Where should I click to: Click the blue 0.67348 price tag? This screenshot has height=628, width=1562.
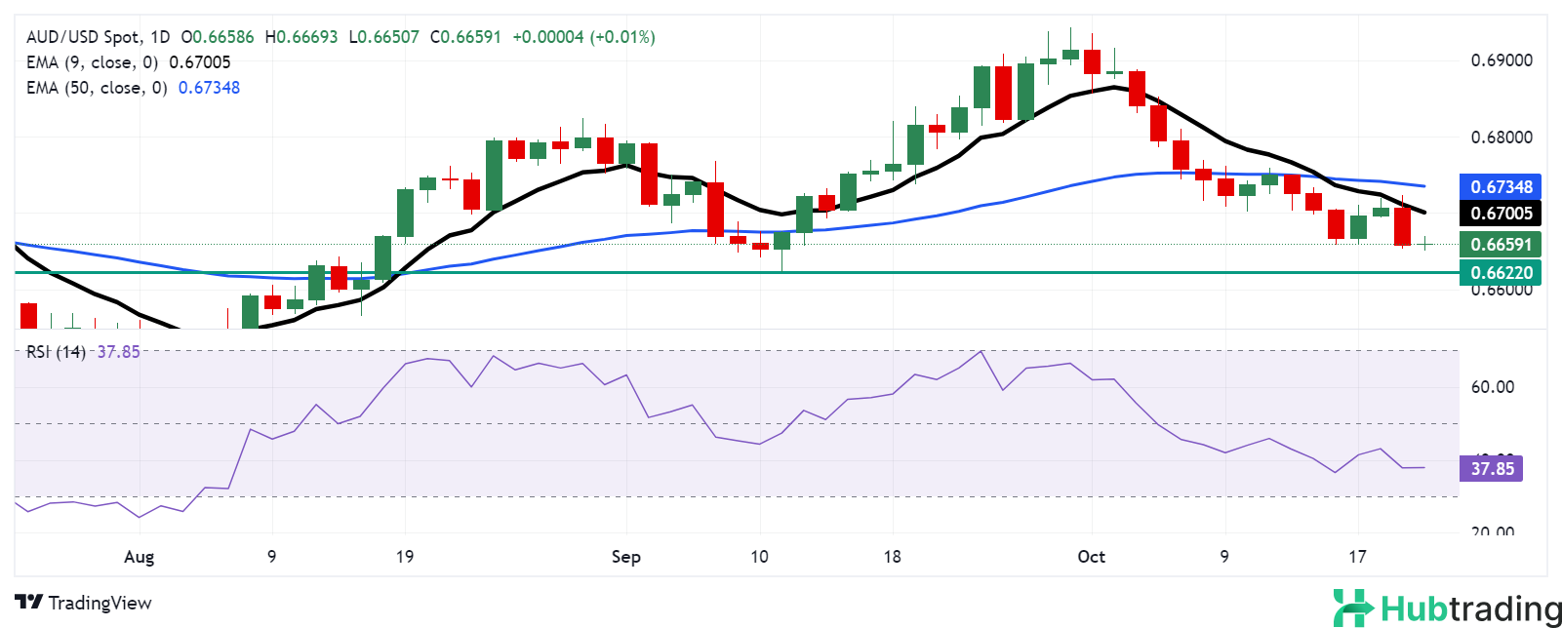[1501, 186]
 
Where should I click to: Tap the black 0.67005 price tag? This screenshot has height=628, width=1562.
[1501, 213]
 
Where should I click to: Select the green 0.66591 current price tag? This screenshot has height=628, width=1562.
[1501, 244]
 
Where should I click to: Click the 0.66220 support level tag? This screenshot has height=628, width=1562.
[1501, 272]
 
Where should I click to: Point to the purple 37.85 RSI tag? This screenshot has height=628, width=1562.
[1492, 469]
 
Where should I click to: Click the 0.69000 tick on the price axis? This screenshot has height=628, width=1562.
[1501, 60]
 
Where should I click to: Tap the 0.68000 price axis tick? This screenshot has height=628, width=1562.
[1501, 137]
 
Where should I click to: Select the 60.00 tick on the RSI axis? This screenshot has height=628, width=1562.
[1492, 387]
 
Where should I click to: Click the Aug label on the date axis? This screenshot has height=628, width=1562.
[140, 557]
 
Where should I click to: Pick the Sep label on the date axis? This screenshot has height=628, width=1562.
[625, 557]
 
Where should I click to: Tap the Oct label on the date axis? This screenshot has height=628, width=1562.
[1091, 557]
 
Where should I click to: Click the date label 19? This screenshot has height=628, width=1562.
[404, 557]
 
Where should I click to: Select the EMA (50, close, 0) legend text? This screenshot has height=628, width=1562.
[97, 88]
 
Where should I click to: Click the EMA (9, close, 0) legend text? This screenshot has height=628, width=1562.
[93, 62]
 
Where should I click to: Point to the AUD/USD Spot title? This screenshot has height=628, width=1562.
[83, 37]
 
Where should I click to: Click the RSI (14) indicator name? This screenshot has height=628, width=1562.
[56, 352]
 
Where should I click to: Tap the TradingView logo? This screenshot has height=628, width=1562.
[84, 603]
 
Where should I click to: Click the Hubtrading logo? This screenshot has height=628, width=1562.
[1447, 608]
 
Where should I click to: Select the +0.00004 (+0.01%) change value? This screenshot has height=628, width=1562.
[583, 37]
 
